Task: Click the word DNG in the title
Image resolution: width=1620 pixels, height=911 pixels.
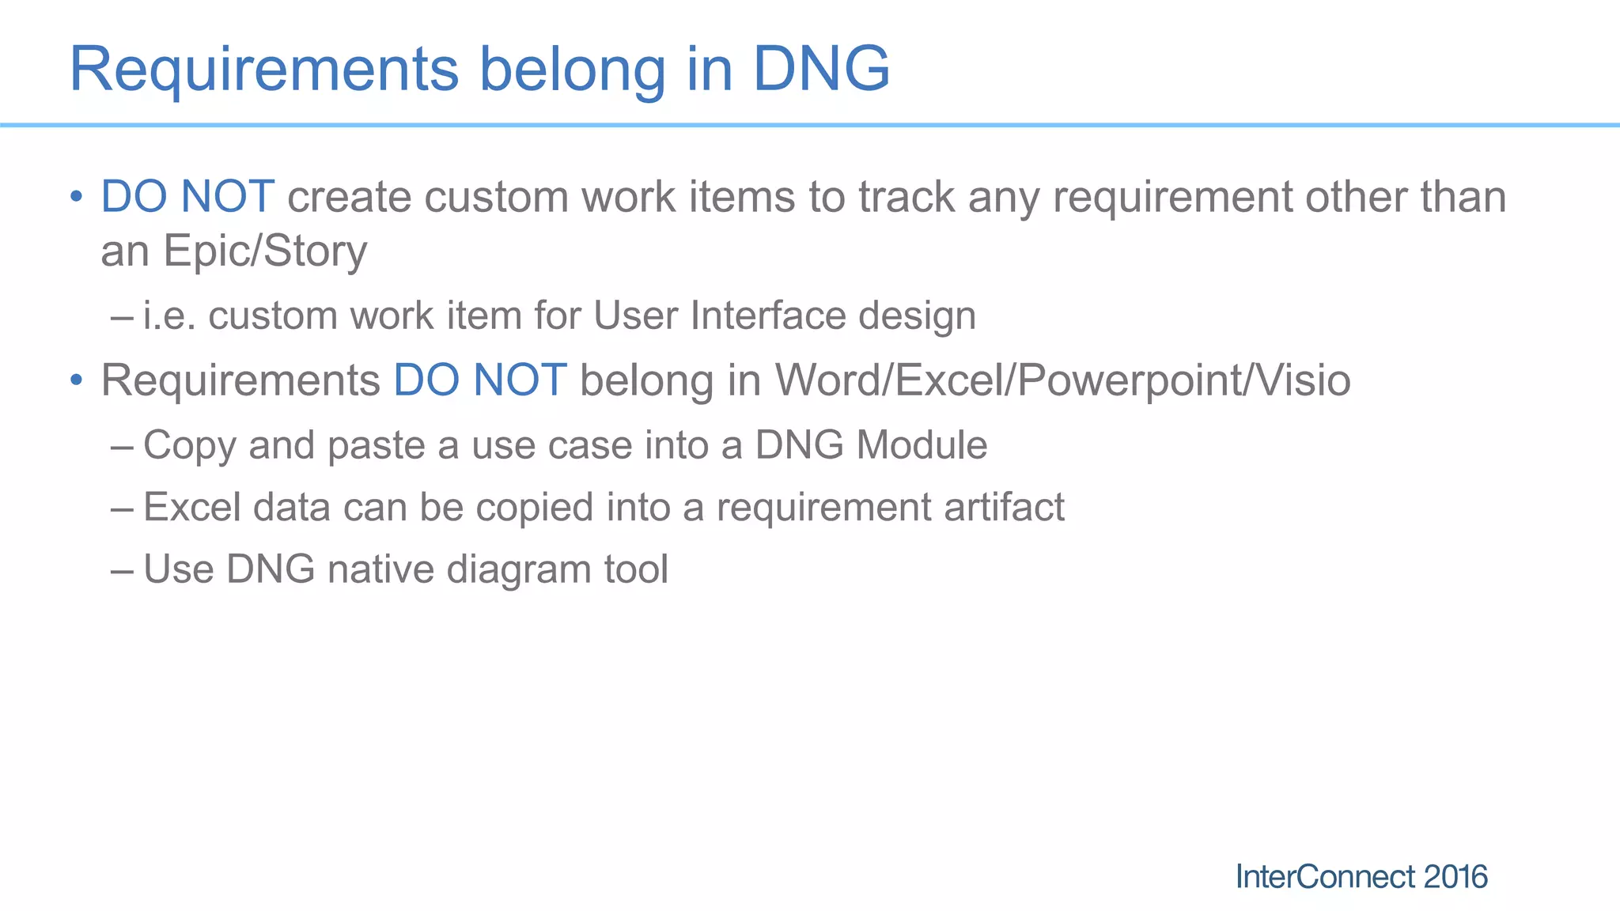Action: click(820, 70)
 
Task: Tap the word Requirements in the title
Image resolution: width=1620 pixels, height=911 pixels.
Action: click(263, 70)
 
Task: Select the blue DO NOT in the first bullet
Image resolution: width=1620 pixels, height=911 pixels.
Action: click(187, 197)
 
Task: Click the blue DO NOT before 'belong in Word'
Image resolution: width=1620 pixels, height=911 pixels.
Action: click(479, 380)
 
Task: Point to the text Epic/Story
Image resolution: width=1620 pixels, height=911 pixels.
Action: click(264, 251)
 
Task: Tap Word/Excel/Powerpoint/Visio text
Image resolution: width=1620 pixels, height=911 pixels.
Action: click(1062, 380)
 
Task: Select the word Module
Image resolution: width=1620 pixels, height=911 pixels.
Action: click(922, 445)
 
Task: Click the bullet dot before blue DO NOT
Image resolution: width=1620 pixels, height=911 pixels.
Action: click(76, 197)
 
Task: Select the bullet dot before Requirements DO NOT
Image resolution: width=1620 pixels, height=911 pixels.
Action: click(76, 380)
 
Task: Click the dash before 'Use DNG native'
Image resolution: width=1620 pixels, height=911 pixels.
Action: click(123, 570)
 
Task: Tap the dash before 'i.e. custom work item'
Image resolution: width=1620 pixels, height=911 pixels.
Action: click(123, 316)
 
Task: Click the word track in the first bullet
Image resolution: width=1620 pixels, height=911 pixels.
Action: click(907, 197)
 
